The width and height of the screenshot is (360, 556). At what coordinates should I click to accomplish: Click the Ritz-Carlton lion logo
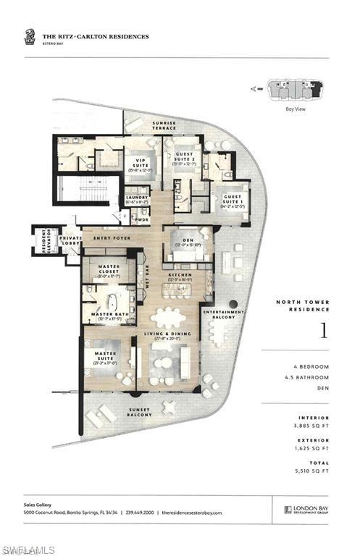pyautogui.click(x=29, y=37)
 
